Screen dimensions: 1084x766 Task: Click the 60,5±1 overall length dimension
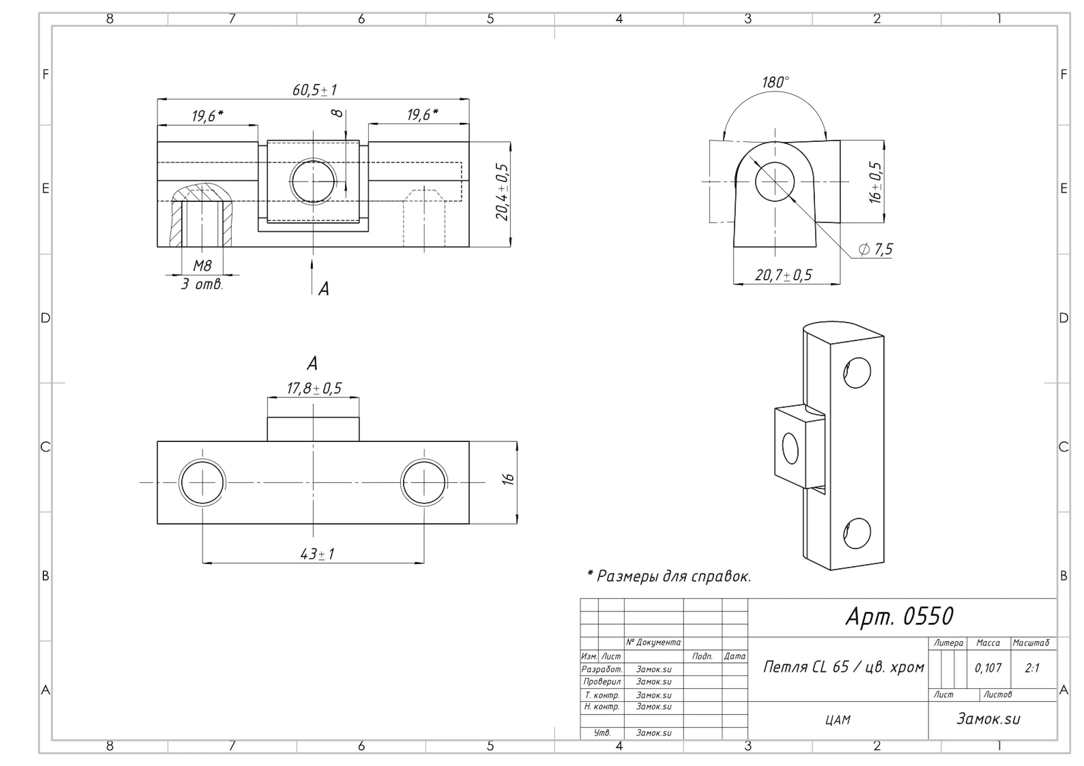pos(314,90)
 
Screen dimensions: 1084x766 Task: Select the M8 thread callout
pos(203,266)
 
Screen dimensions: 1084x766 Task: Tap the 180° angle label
pos(775,82)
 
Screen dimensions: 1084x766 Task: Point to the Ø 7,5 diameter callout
pos(876,249)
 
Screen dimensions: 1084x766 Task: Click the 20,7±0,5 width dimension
pos(783,275)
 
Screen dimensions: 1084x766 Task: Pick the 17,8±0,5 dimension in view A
pos(314,388)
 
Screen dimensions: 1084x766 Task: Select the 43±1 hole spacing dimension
pos(317,553)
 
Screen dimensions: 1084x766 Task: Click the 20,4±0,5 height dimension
pos(502,192)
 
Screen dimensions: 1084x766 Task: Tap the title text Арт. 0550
pos(899,616)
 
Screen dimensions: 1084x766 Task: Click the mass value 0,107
pos(988,668)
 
